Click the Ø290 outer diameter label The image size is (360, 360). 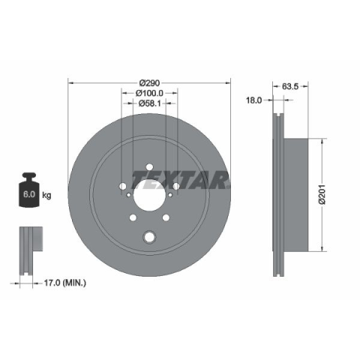coord(149,82)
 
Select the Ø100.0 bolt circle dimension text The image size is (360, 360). coord(149,93)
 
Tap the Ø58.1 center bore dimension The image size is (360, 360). coord(149,103)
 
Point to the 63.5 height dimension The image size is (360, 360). coord(290,86)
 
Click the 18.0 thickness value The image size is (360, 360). coord(254,100)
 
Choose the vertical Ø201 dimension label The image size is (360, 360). coord(322,195)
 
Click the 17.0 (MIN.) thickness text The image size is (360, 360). coord(65,283)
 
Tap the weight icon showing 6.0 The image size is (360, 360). coord(29,190)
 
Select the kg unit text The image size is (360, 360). coord(46,195)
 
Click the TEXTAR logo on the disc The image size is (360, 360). coord(181,180)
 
